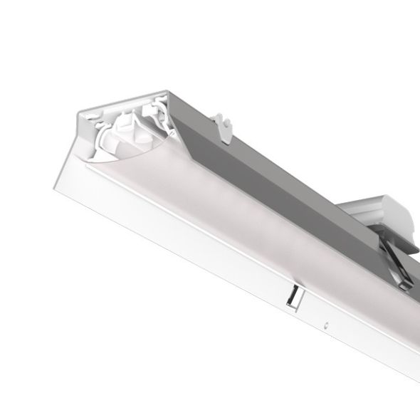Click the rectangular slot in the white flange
pos(293,297)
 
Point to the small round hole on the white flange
pos(325,326)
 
